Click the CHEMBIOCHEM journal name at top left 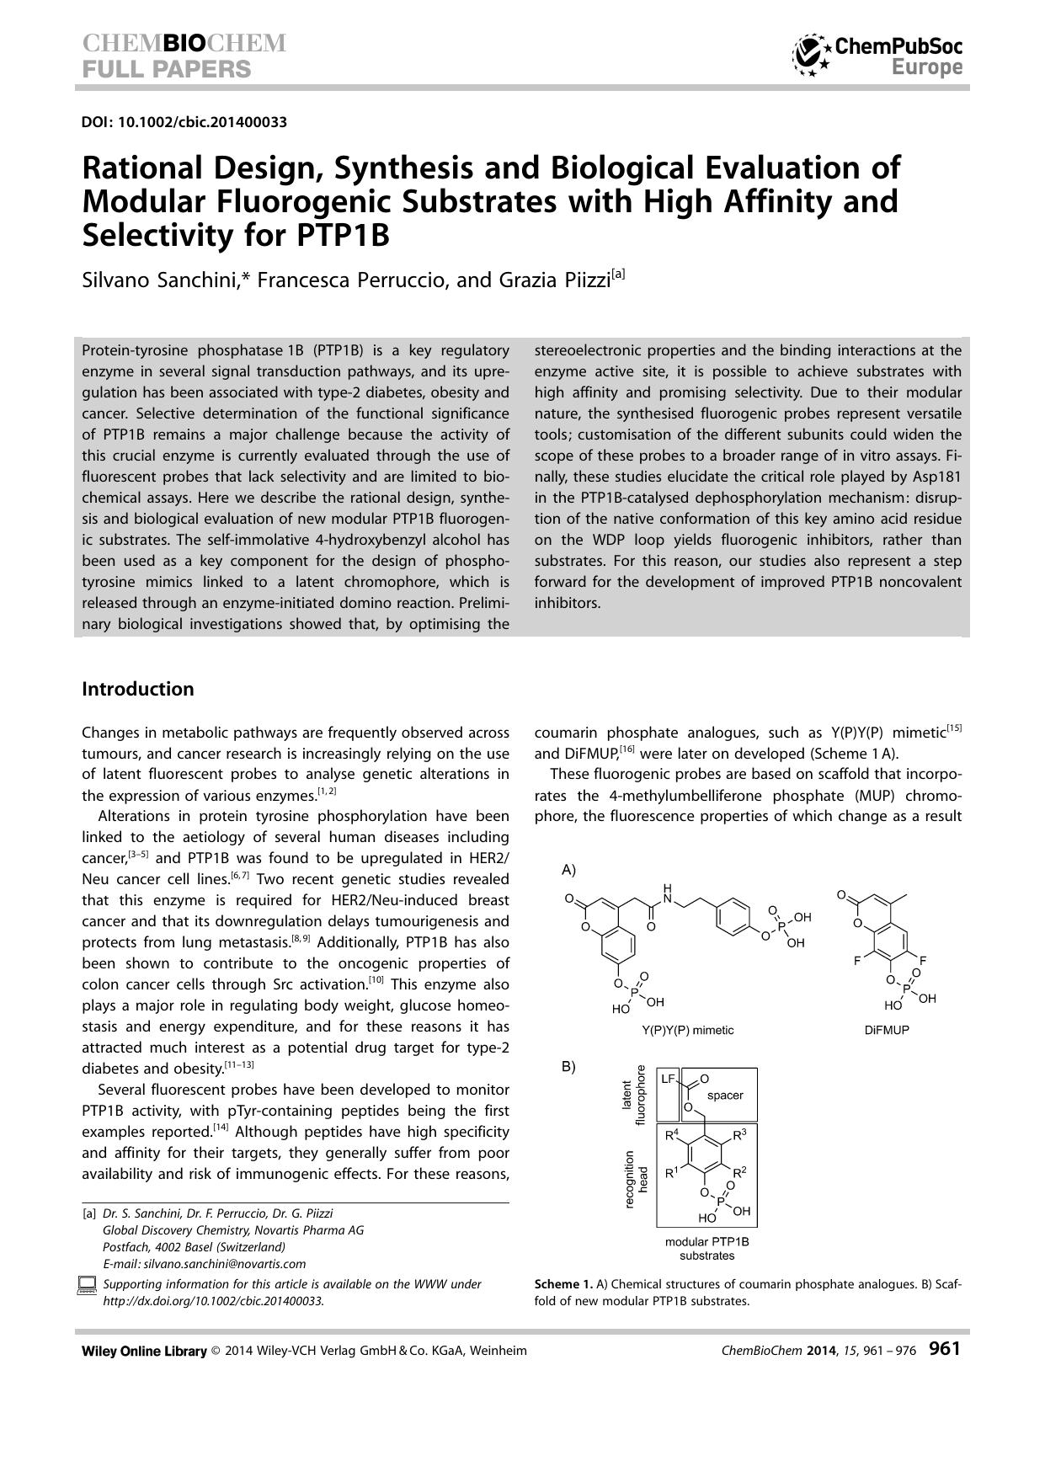click(x=184, y=44)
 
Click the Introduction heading click(x=137, y=689)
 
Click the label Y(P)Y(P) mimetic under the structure click(x=687, y=1030)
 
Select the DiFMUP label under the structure click(x=886, y=1030)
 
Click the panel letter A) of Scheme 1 click(x=568, y=869)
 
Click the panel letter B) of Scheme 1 click(x=568, y=1067)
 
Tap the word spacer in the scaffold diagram click(x=724, y=1095)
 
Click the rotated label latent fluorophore click(x=632, y=1095)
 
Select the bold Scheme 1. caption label click(x=563, y=1284)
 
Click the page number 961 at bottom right click(x=944, y=1349)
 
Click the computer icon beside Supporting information click(x=87, y=1285)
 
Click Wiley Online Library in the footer click(x=144, y=1351)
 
